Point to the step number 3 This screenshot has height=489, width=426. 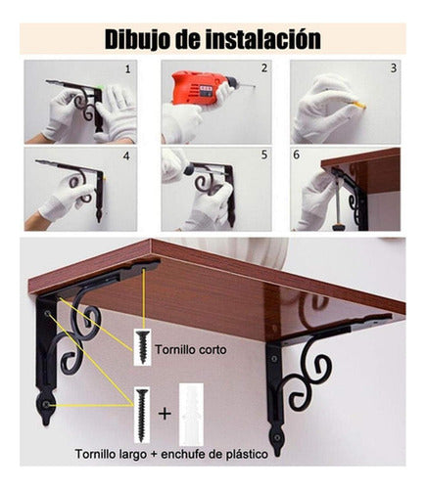point(394,68)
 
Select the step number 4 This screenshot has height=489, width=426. point(127,155)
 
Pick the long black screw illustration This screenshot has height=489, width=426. point(143,408)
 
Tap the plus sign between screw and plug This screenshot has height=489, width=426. point(165,412)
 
